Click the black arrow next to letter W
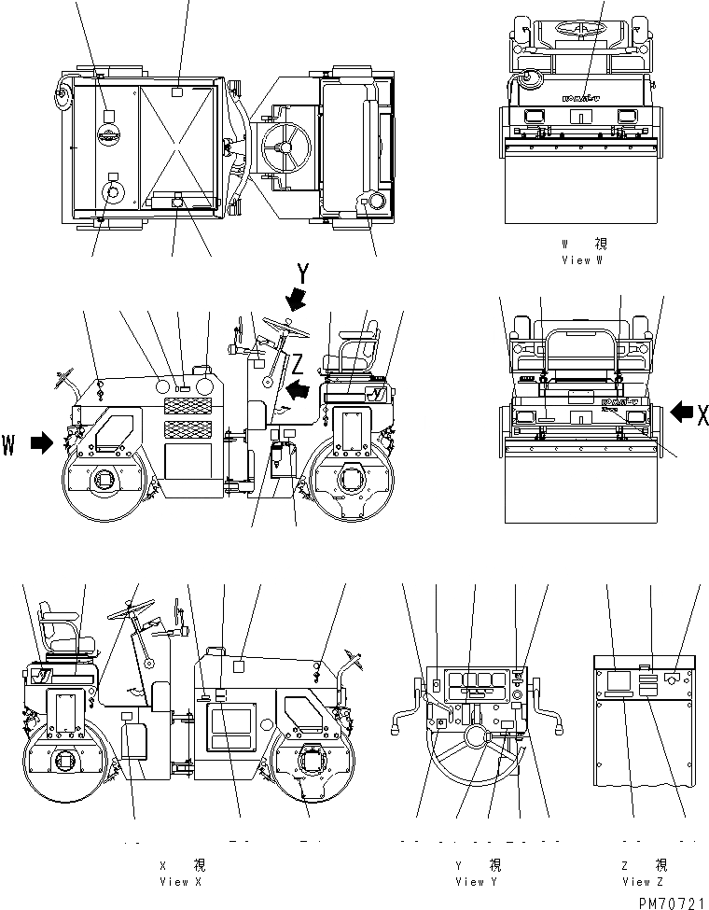(42, 444)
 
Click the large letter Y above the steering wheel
(302, 273)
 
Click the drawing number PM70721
(671, 902)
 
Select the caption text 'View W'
(583, 260)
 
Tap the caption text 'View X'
(174, 881)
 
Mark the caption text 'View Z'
(643, 881)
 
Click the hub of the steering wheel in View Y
(477, 738)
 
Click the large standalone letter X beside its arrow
(702, 414)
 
